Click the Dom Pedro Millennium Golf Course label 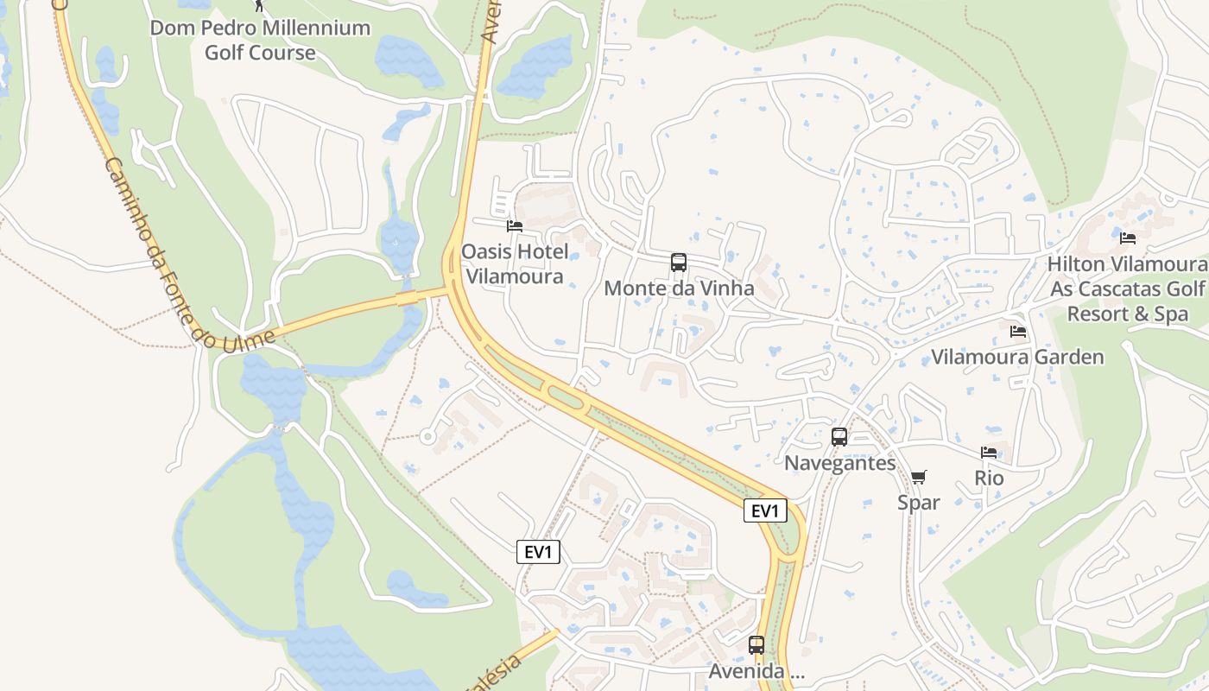[x=260, y=40]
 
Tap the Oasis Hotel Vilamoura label [x=515, y=263]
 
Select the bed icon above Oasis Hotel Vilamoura [x=515, y=226]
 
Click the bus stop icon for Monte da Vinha [x=679, y=263]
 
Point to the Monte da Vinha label [x=679, y=288]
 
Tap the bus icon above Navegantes [x=839, y=437]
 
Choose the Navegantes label [x=839, y=463]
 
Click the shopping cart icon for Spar [x=918, y=478]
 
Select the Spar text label [x=918, y=502]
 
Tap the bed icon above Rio [x=989, y=452]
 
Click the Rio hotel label [x=989, y=478]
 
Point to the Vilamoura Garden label [x=1017, y=357]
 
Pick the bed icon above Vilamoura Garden [x=1018, y=331]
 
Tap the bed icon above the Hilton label [x=1127, y=238]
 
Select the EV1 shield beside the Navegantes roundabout [x=765, y=510]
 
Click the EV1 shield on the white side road [x=538, y=552]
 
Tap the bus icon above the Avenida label [x=756, y=644]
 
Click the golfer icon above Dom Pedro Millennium [x=259, y=5]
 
